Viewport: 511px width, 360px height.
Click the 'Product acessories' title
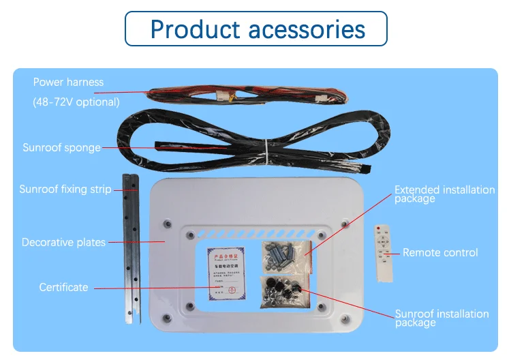[258, 29]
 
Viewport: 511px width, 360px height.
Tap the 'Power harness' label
[68, 82]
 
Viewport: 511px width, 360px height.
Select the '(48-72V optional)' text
[76, 102]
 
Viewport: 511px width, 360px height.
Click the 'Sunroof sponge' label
[61, 147]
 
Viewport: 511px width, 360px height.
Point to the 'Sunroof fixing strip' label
[65, 189]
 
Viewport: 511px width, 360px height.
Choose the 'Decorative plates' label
[63, 242]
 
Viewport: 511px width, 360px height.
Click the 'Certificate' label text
[63, 287]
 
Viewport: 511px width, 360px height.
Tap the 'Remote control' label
[440, 252]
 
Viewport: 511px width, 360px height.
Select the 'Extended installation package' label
[444, 194]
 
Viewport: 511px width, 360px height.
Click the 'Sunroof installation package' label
[442, 318]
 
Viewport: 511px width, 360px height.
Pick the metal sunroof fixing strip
[131, 249]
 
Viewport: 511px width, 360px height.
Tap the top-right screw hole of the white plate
[344, 224]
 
